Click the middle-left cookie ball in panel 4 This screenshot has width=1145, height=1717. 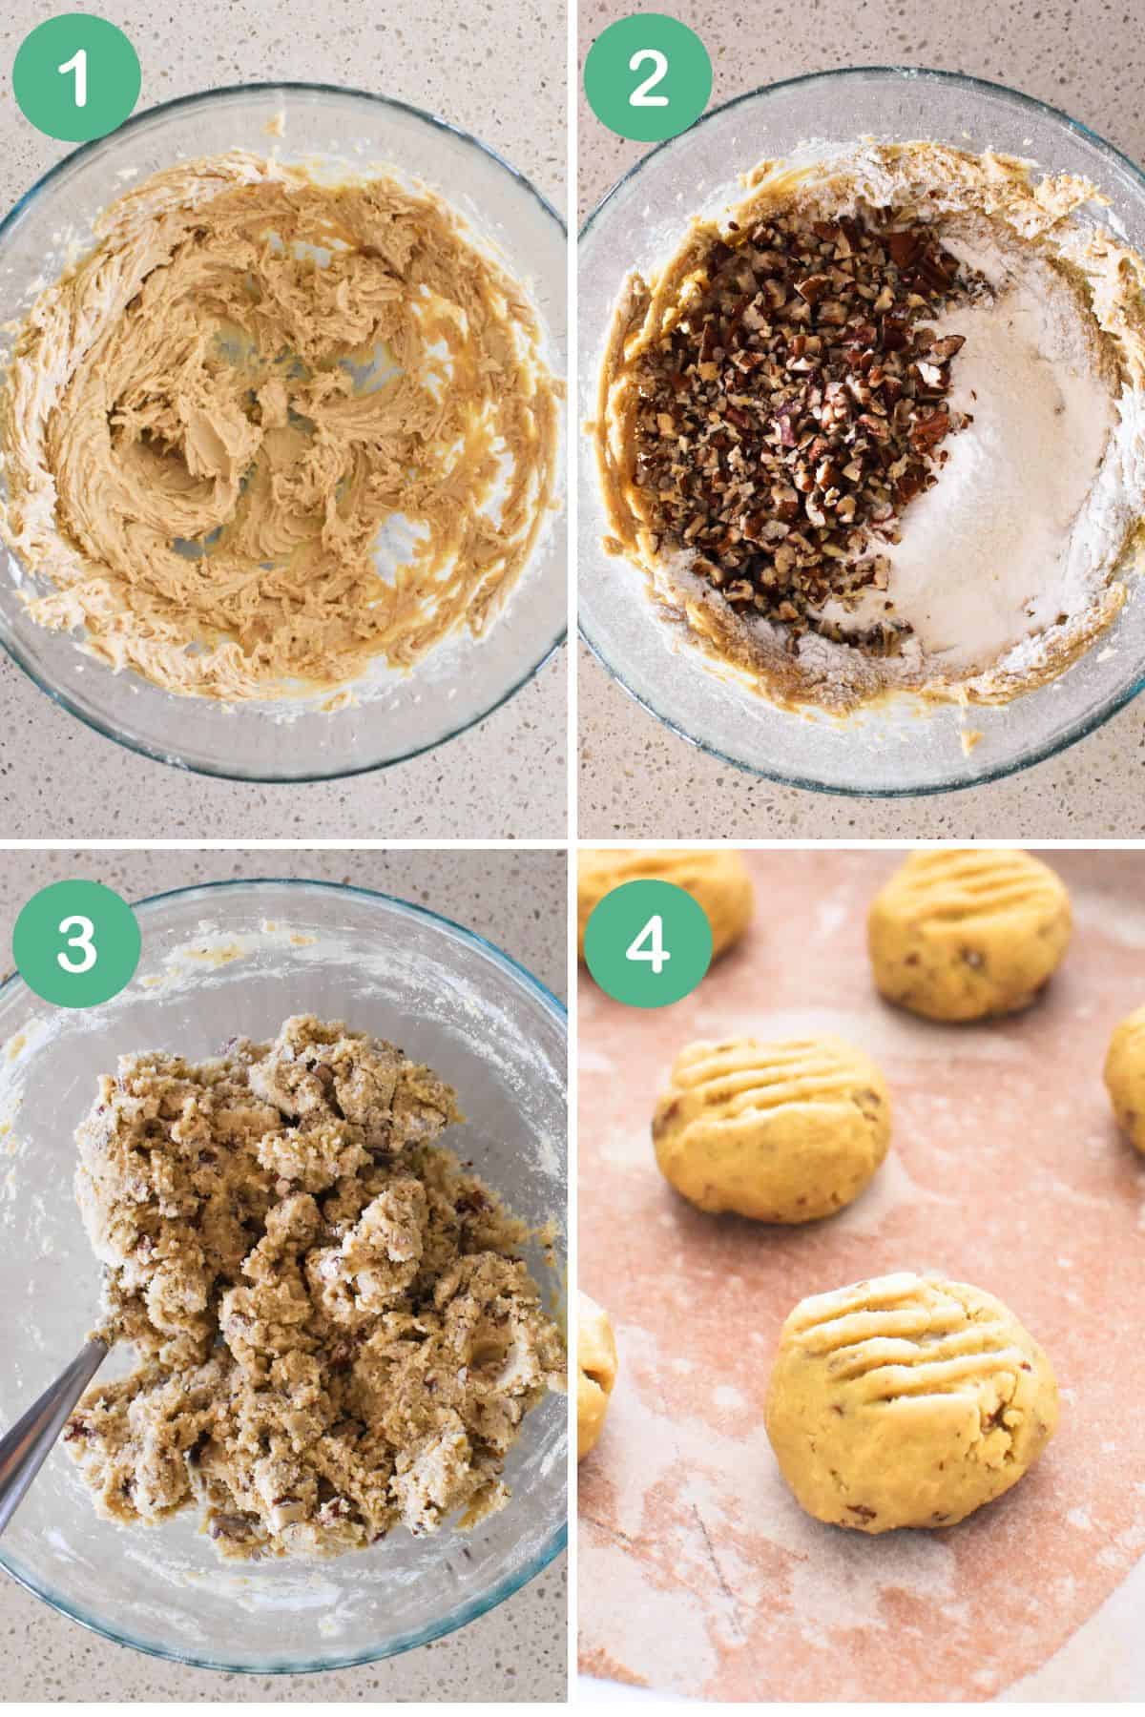click(771, 1130)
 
